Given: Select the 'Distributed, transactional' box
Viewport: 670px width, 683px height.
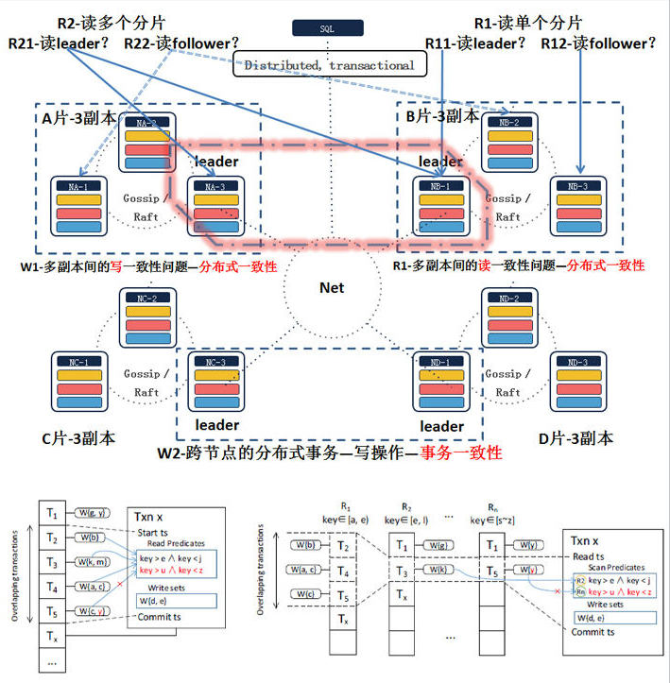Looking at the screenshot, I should point(329,65).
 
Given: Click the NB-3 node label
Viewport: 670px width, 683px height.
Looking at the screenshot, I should point(578,186).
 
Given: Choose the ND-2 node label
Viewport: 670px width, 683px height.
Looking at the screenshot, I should point(508,299).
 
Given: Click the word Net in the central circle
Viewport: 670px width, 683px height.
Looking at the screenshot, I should point(331,287).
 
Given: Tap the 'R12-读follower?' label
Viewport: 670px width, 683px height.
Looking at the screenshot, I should point(599,43).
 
